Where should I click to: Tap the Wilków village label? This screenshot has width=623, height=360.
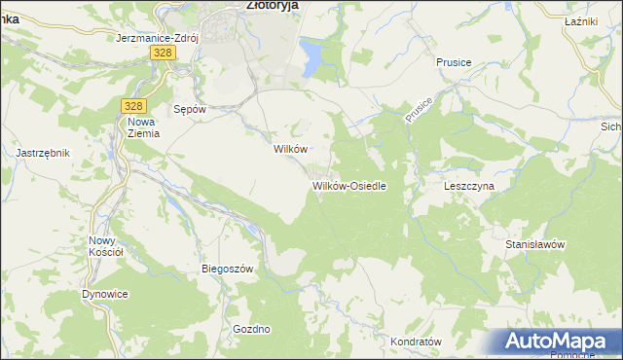[290, 149]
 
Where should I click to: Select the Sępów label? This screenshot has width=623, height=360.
[189, 109]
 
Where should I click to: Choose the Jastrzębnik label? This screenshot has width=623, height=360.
[43, 153]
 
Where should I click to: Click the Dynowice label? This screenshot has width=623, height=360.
[106, 293]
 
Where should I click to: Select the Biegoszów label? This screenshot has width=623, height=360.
[227, 269]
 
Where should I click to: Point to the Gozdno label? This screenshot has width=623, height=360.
[251, 329]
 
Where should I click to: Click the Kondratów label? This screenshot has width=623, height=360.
[416, 342]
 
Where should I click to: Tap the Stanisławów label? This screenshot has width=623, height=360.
[535, 244]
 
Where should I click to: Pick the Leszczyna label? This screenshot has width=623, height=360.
[469, 185]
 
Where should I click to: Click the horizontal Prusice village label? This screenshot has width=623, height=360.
[454, 62]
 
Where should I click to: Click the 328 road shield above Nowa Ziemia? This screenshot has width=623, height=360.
[134, 105]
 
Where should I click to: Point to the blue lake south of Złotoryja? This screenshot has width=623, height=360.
[311, 56]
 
